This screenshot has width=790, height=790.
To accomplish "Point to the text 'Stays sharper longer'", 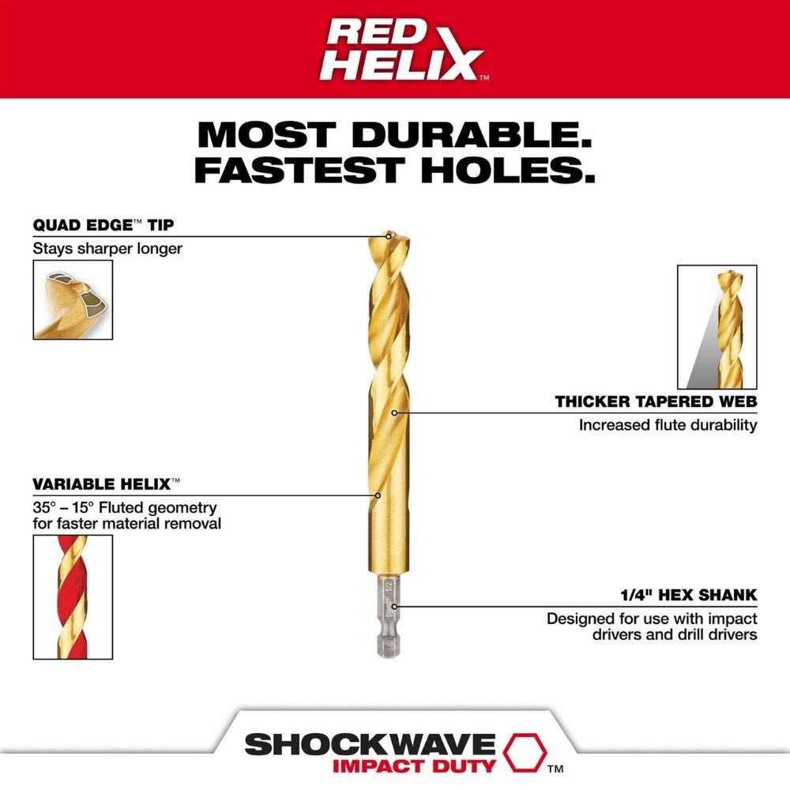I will tap(107, 249).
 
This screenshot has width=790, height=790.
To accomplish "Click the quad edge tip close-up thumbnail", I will tap(73, 300).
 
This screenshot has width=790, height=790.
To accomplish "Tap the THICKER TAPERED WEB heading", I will tap(656, 402).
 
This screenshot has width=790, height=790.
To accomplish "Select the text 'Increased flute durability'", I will tap(668, 425).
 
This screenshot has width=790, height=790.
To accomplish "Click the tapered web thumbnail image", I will tap(717, 327).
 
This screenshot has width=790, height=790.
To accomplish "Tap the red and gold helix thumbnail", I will tap(73, 596).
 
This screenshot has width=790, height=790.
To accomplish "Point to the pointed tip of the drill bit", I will tap(388, 235).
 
